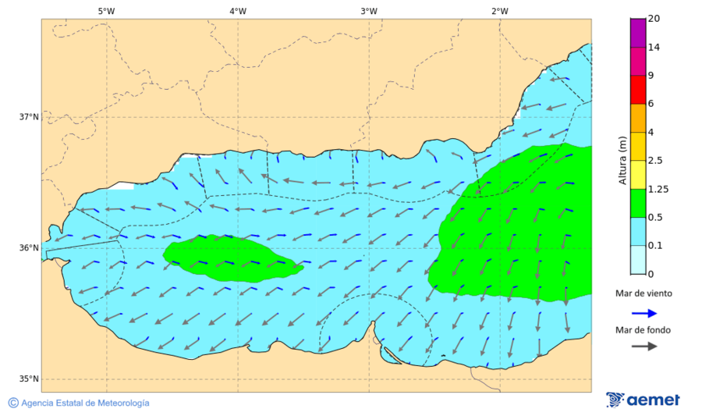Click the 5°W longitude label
[x=106, y=11]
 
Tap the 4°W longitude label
[x=238, y=11]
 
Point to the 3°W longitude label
[x=369, y=11]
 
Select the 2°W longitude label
[x=500, y=11]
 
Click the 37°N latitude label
[x=29, y=117]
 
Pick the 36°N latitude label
[x=29, y=248]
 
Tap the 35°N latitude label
[x=29, y=379]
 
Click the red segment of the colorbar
[x=638, y=90]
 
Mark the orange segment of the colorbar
[x=638, y=118]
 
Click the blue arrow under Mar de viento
[x=643, y=311]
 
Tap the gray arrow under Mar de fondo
[x=643, y=347]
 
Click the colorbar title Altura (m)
[x=622, y=160]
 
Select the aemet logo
[x=643, y=400]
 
